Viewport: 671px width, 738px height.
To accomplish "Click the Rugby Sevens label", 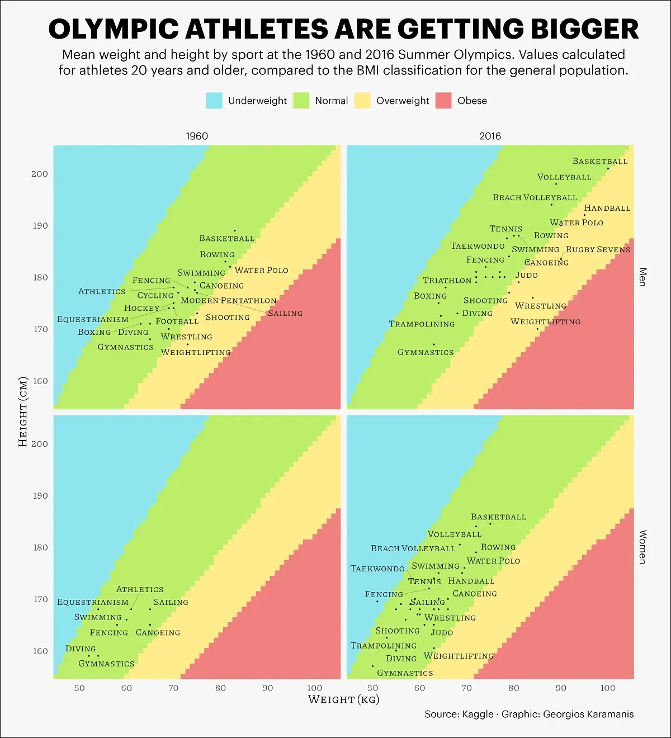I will coord(598,249).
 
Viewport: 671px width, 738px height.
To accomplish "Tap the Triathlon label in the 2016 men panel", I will coord(447,280).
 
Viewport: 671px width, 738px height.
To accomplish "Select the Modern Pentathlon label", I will coord(228,300).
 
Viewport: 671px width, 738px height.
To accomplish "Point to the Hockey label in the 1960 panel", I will coord(141,308).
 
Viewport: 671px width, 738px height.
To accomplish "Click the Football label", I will coord(177,321).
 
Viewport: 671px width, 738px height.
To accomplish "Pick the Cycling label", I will coord(155,295).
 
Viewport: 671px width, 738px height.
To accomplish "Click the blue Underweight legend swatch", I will coord(214,101).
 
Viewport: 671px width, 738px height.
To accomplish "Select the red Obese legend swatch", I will coord(443,101).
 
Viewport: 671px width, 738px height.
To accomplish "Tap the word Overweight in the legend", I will coord(403,101).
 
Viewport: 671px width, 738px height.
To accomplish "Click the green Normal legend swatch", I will coord(301,101).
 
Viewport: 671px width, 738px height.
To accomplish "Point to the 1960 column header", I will coord(197,136).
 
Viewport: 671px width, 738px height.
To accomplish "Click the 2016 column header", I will coord(490,136).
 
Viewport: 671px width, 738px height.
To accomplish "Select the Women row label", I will coord(642,547).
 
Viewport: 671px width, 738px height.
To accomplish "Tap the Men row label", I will coord(642,277).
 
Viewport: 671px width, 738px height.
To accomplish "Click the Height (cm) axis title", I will coord(23,411).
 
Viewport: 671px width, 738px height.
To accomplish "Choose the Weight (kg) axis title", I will coord(343,699).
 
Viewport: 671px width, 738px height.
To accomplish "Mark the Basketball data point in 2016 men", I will coord(608,168).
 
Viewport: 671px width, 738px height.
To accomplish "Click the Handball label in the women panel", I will coord(471,581).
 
